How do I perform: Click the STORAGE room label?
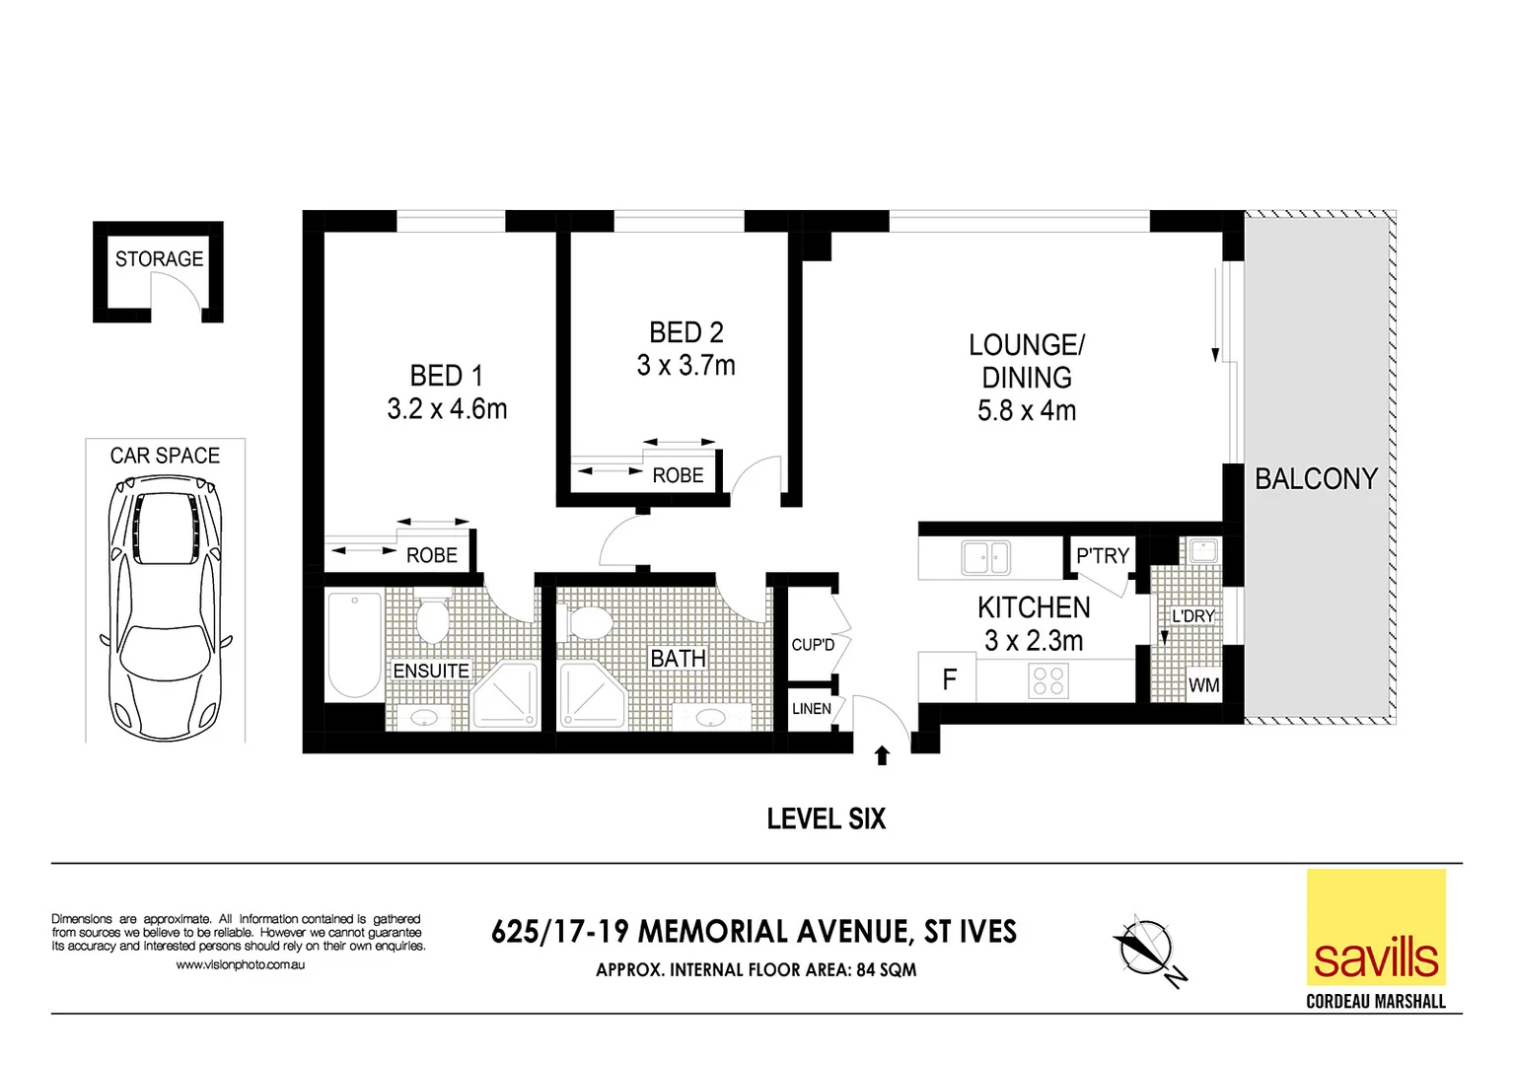pos(159,258)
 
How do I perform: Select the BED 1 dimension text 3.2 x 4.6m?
pos(447,409)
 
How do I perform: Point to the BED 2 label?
pos(685,332)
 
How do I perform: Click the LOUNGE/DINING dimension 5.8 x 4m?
pos(1026,411)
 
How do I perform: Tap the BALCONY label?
pos(1315,479)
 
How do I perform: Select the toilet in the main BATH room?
pos(590,622)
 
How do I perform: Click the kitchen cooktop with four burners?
pos(1048,680)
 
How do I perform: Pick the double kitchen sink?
pos(985,558)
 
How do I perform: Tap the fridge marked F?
pos(949,679)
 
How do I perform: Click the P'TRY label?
pos(1102,556)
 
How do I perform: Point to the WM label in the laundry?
pos(1203,685)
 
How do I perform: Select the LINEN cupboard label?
pos(811,709)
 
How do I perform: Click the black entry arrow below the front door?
pos(882,755)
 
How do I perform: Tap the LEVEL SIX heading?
pos(826,818)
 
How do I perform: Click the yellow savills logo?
pos(1375,928)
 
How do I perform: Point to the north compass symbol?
pos(1147,948)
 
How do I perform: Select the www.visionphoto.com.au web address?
pos(240,965)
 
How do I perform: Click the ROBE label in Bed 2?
pos(678,475)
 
